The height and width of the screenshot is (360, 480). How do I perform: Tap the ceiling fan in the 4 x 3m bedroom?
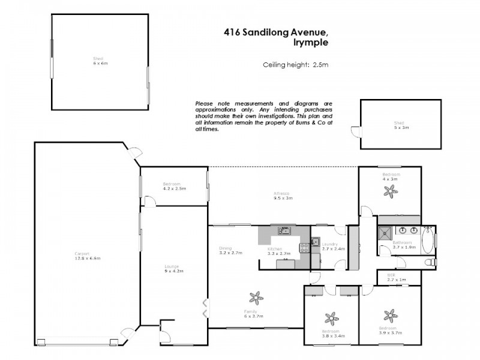pyautogui.click(x=391, y=191)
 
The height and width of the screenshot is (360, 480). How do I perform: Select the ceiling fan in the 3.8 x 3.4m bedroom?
pyautogui.click(x=329, y=317)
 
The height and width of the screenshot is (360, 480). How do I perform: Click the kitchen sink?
pyautogui.click(x=284, y=229)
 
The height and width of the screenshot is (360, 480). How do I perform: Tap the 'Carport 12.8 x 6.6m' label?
pyautogui.click(x=83, y=256)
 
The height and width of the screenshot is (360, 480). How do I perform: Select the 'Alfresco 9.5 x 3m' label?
pyautogui.click(x=281, y=196)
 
